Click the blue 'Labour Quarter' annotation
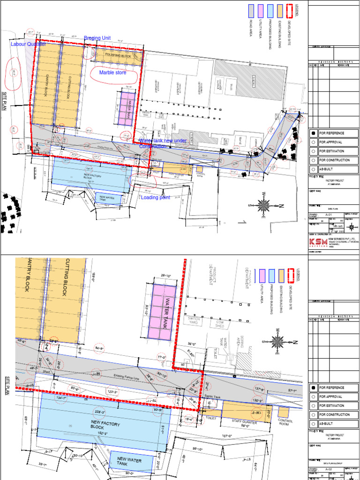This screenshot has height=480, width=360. tap(28, 44)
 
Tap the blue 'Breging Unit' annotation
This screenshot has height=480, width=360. tap(97, 38)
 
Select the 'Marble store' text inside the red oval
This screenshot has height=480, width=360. tap(112, 73)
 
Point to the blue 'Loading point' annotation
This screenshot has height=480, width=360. tap(156, 197)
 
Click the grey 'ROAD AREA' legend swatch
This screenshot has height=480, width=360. tap(251, 11)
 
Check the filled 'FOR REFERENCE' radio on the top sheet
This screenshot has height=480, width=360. tap(314, 133)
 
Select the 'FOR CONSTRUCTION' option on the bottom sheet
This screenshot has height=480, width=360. tap(314, 414)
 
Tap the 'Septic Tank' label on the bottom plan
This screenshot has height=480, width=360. tap(213, 396)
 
